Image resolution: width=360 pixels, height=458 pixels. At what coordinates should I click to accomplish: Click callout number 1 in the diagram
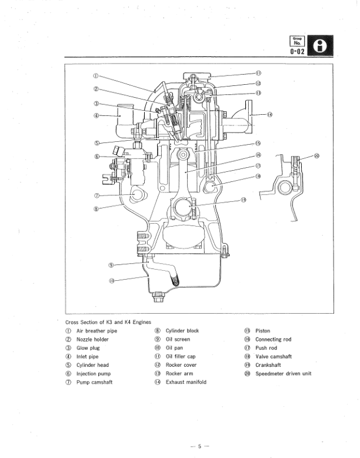coord(95,76)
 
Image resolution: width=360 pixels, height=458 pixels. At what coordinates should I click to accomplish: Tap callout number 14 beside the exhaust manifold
coord(270,114)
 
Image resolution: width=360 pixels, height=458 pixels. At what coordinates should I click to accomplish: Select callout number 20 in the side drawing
coord(317,156)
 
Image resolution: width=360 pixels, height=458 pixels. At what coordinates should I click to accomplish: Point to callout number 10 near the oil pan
coord(112,280)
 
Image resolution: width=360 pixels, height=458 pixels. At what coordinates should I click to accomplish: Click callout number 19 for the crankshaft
coord(243,200)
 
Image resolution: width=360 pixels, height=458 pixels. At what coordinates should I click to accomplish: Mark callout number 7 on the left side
coord(96,195)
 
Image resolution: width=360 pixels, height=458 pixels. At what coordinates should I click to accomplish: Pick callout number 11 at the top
coord(258,74)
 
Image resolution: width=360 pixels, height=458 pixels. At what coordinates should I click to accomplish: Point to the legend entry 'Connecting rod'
coord(273,340)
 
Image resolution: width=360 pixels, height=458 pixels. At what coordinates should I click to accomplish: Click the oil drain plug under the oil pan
coord(156,297)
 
